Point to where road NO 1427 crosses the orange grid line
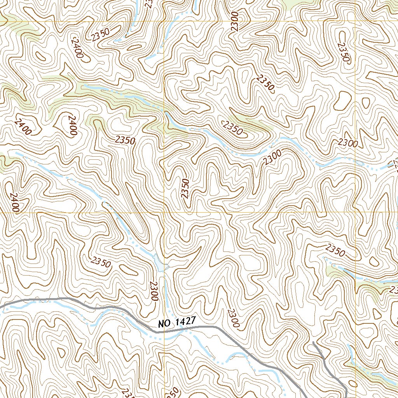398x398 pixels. point(164,332)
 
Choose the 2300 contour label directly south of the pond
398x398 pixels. point(154,291)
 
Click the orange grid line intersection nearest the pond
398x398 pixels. point(164,213)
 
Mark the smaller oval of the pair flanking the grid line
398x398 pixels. point(366,103)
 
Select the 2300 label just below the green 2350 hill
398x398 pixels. point(271,157)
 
